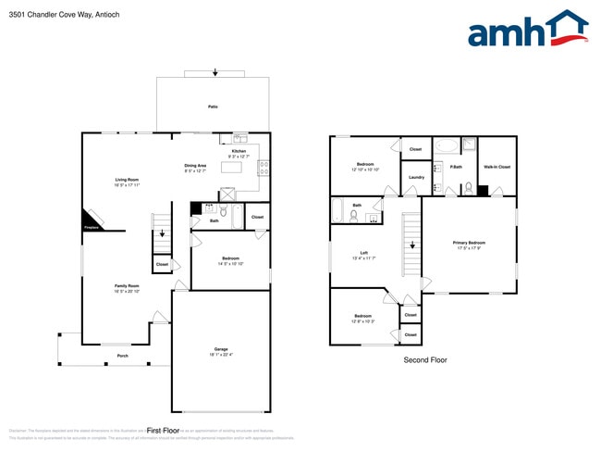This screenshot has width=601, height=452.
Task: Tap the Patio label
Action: tap(213, 107)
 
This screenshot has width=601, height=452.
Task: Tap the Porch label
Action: tap(122, 356)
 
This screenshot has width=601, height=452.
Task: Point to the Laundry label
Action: tap(416, 177)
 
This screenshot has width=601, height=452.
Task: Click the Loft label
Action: tap(364, 253)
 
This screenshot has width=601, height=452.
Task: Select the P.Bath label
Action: tap(456, 167)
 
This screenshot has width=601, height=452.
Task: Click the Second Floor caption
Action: tap(425, 359)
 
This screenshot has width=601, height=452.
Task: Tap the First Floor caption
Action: tap(162, 430)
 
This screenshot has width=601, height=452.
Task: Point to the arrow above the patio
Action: tap(215, 71)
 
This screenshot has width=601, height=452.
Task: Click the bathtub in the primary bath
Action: tap(446, 145)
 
